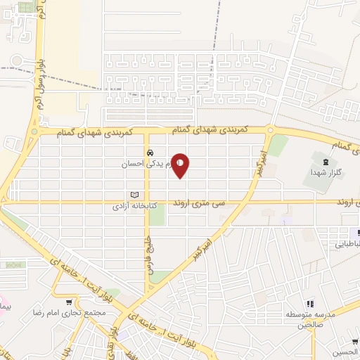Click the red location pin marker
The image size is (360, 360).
pyautogui.click(x=181, y=165)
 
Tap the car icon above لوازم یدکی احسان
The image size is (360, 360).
pyautogui.click(x=150, y=153)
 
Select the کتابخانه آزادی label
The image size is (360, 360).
pyautogui.click(x=140, y=207)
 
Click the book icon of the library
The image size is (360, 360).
pyautogui.click(x=135, y=195)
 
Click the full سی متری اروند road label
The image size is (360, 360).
pyautogui.click(x=223, y=202)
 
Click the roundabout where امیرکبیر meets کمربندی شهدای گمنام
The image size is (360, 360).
pyautogui.click(x=271, y=130)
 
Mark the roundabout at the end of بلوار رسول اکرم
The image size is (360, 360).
pyautogui.click(x=33, y=131)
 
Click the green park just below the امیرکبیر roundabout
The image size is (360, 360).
pyautogui.click(x=278, y=146)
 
